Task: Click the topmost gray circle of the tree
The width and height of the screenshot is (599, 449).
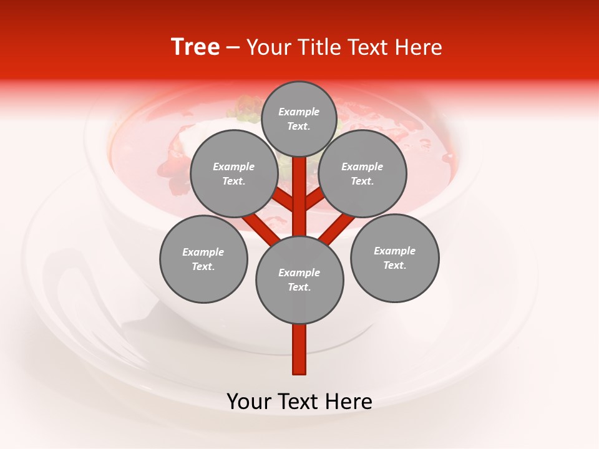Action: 299,118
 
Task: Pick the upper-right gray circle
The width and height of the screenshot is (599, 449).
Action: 363,173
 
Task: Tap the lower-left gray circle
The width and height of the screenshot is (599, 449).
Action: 203,259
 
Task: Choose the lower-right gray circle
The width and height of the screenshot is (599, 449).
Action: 395,258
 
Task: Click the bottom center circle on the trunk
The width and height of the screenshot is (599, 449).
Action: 299,280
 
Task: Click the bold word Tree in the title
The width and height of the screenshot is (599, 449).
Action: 195,47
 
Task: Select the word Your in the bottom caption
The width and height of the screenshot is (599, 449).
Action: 249,402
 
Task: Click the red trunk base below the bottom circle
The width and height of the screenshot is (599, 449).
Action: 299,349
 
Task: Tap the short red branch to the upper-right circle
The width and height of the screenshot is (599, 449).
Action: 314,200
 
